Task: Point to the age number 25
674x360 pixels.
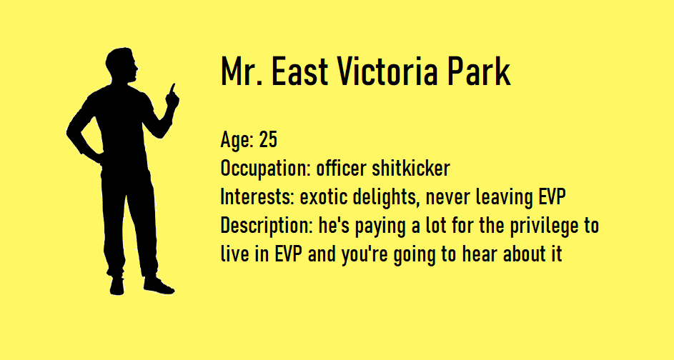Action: coord(268,139)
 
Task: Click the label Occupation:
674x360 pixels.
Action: coord(265,169)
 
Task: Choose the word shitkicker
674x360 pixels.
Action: coord(410,168)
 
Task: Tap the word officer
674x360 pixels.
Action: coord(342,168)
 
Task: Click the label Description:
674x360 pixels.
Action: coord(266,226)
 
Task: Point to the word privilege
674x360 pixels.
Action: coord(544,226)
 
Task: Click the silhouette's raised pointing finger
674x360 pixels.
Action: coord(173,88)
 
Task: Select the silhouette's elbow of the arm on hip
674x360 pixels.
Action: coord(69,131)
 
